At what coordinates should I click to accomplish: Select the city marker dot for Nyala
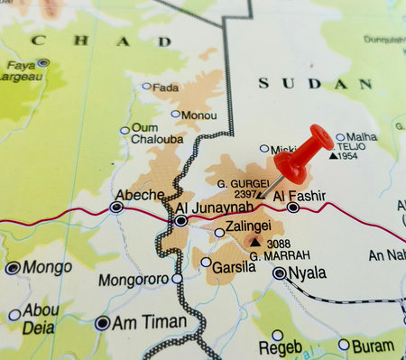click(x=280, y=272)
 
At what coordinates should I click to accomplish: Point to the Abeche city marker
click(x=116, y=208)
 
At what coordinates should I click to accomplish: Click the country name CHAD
click(x=100, y=41)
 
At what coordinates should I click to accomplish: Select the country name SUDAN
click(x=315, y=83)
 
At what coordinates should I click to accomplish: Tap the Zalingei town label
click(x=249, y=226)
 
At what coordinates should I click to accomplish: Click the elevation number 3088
click(x=279, y=244)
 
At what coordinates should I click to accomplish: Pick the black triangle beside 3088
click(x=256, y=243)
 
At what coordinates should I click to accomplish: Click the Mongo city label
click(x=47, y=267)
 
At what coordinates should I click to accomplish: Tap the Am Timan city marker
click(x=103, y=322)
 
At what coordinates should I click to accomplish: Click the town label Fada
click(x=166, y=87)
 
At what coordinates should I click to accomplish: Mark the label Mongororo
click(x=134, y=280)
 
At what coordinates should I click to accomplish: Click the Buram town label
click(x=373, y=345)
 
